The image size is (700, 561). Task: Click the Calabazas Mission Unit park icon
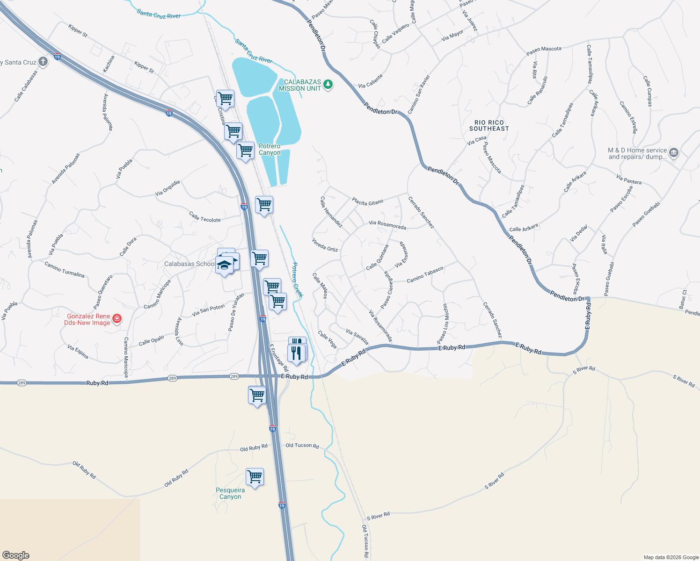point(328,84)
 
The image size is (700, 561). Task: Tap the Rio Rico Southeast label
point(489,125)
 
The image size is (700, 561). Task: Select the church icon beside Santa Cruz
point(43,62)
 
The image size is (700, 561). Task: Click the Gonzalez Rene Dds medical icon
point(117,319)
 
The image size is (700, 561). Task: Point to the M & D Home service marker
point(674,153)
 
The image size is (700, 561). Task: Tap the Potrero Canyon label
point(270,149)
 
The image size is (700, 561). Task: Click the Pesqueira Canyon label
point(230,493)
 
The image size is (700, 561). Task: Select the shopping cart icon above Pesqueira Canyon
point(255,477)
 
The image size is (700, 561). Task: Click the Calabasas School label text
point(189,264)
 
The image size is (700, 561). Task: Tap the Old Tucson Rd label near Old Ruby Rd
point(302,446)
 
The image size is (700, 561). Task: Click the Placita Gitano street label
point(367,202)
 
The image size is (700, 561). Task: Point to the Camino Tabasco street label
point(424,275)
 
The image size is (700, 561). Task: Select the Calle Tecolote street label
point(204,217)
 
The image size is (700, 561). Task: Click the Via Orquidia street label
point(168,188)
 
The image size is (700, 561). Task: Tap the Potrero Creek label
point(297,279)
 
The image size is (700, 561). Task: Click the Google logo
point(16,555)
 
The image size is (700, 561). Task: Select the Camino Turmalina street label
point(65,269)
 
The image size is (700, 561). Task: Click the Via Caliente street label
point(371,81)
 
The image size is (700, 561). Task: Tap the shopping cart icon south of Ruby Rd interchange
point(257,395)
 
